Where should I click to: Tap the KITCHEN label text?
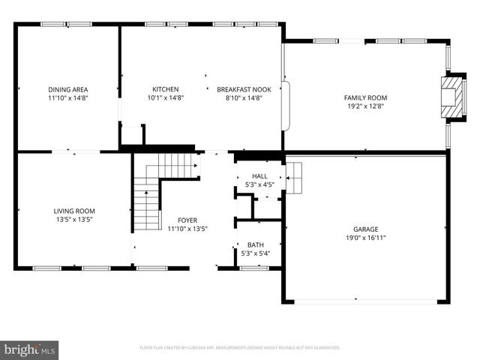coord(165,89)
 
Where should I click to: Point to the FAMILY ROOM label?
coord(366,97)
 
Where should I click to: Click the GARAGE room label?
coord(366,229)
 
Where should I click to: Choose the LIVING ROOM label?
coord(73,211)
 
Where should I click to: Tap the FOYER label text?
coord(187,220)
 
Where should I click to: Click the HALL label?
coord(259,176)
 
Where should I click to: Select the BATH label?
coord(256,244)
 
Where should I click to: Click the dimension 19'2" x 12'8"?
coord(366,106)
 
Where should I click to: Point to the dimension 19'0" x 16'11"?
coord(366,238)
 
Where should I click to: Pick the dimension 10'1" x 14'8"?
coord(165,97)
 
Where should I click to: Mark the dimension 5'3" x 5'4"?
coord(256,253)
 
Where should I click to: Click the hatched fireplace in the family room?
coord(451,96)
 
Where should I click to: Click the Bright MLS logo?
coord(30,349)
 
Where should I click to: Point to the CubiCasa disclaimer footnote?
coord(240,348)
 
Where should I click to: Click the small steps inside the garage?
coord(294,177)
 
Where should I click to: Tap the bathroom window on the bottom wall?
coord(254,268)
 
